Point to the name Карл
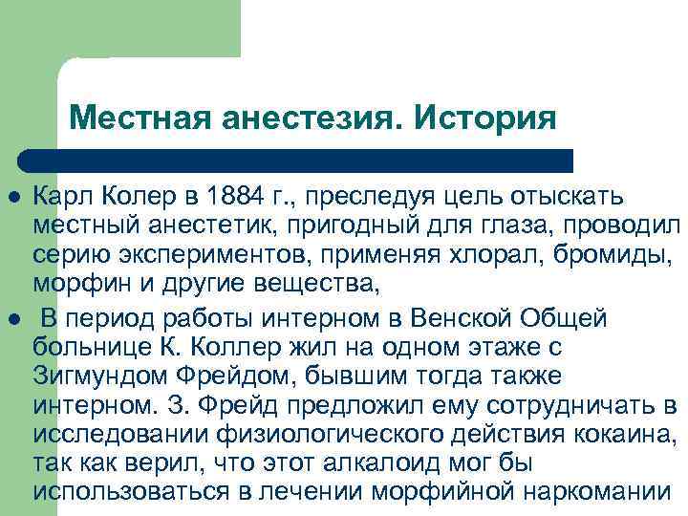[x=59, y=197]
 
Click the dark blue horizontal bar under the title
[x=296, y=160]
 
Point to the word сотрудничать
[x=565, y=405]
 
